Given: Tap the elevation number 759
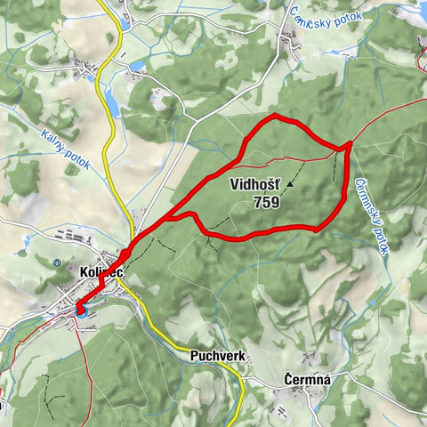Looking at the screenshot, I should click(x=266, y=202).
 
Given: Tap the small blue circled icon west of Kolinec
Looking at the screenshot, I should click(x=55, y=263).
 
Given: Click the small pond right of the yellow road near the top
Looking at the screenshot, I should click(x=135, y=65).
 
